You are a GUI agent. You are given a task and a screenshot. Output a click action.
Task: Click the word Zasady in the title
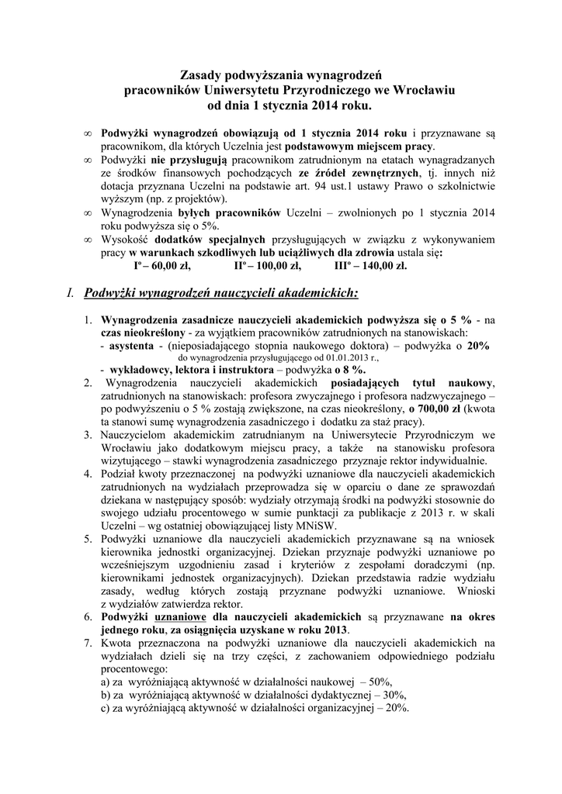coord(199,75)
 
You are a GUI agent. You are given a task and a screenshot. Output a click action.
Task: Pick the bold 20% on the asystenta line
coord(478,347)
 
